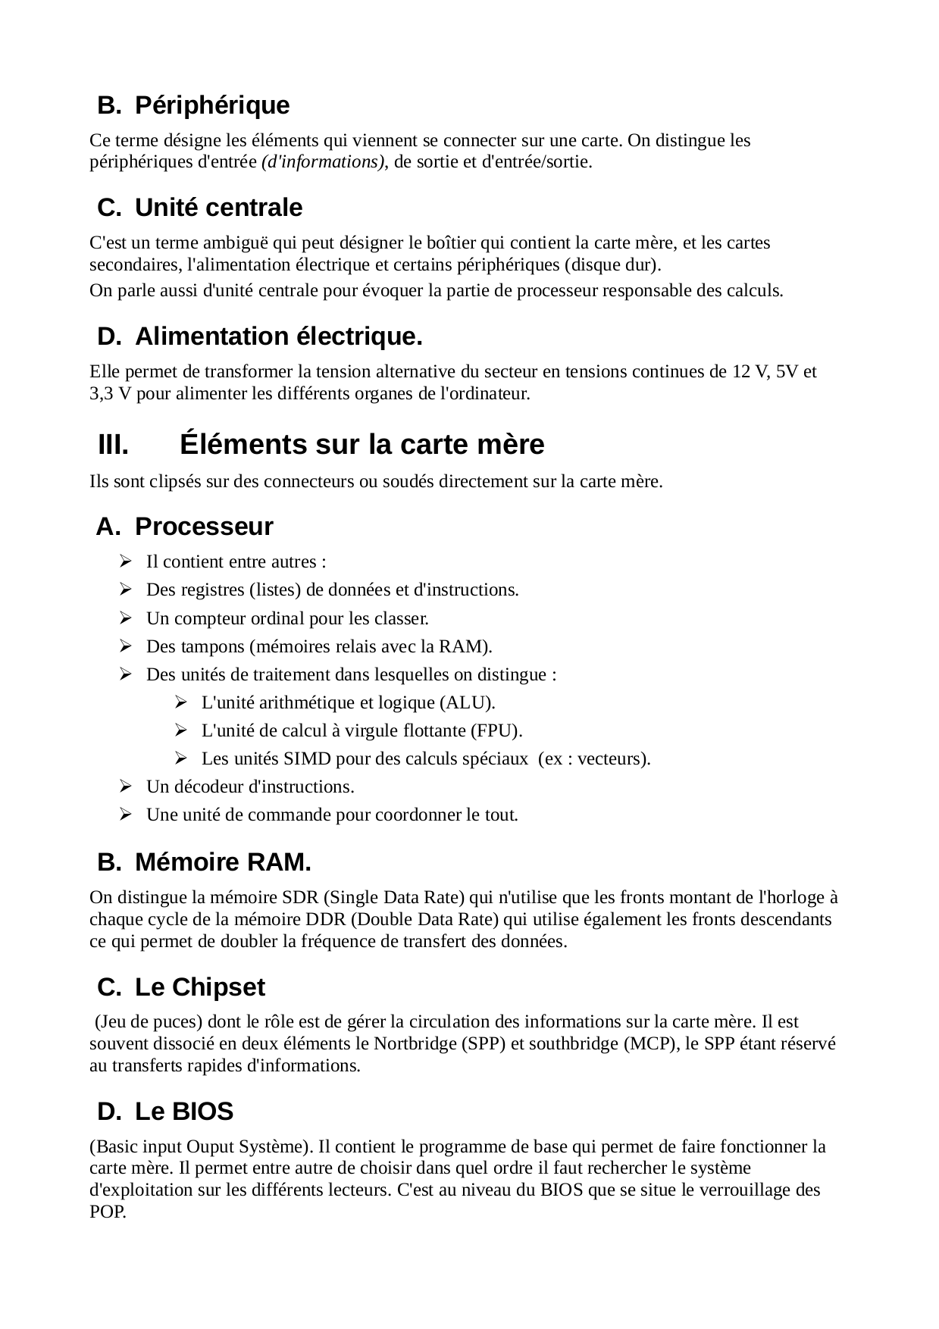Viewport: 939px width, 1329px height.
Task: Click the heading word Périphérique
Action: pyautogui.click(x=212, y=105)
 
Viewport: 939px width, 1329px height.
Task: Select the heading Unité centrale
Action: pyautogui.click(x=218, y=208)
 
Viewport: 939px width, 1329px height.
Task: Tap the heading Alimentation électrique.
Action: pyautogui.click(x=278, y=336)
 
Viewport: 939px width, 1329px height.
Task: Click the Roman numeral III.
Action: pyautogui.click(x=113, y=445)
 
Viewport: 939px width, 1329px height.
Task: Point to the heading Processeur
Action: pyautogui.click(x=204, y=527)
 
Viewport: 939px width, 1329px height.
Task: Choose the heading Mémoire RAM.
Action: pyautogui.click(x=223, y=862)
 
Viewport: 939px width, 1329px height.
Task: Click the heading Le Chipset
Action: pyautogui.click(x=200, y=987)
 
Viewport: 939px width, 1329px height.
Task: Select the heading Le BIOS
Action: pyautogui.click(x=184, y=1112)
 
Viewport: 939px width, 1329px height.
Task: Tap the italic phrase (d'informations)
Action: pyautogui.click(x=323, y=162)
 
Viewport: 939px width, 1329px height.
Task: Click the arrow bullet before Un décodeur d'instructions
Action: pyautogui.click(x=126, y=787)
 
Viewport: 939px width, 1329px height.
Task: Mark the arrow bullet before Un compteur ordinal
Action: pyautogui.click(x=126, y=619)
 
